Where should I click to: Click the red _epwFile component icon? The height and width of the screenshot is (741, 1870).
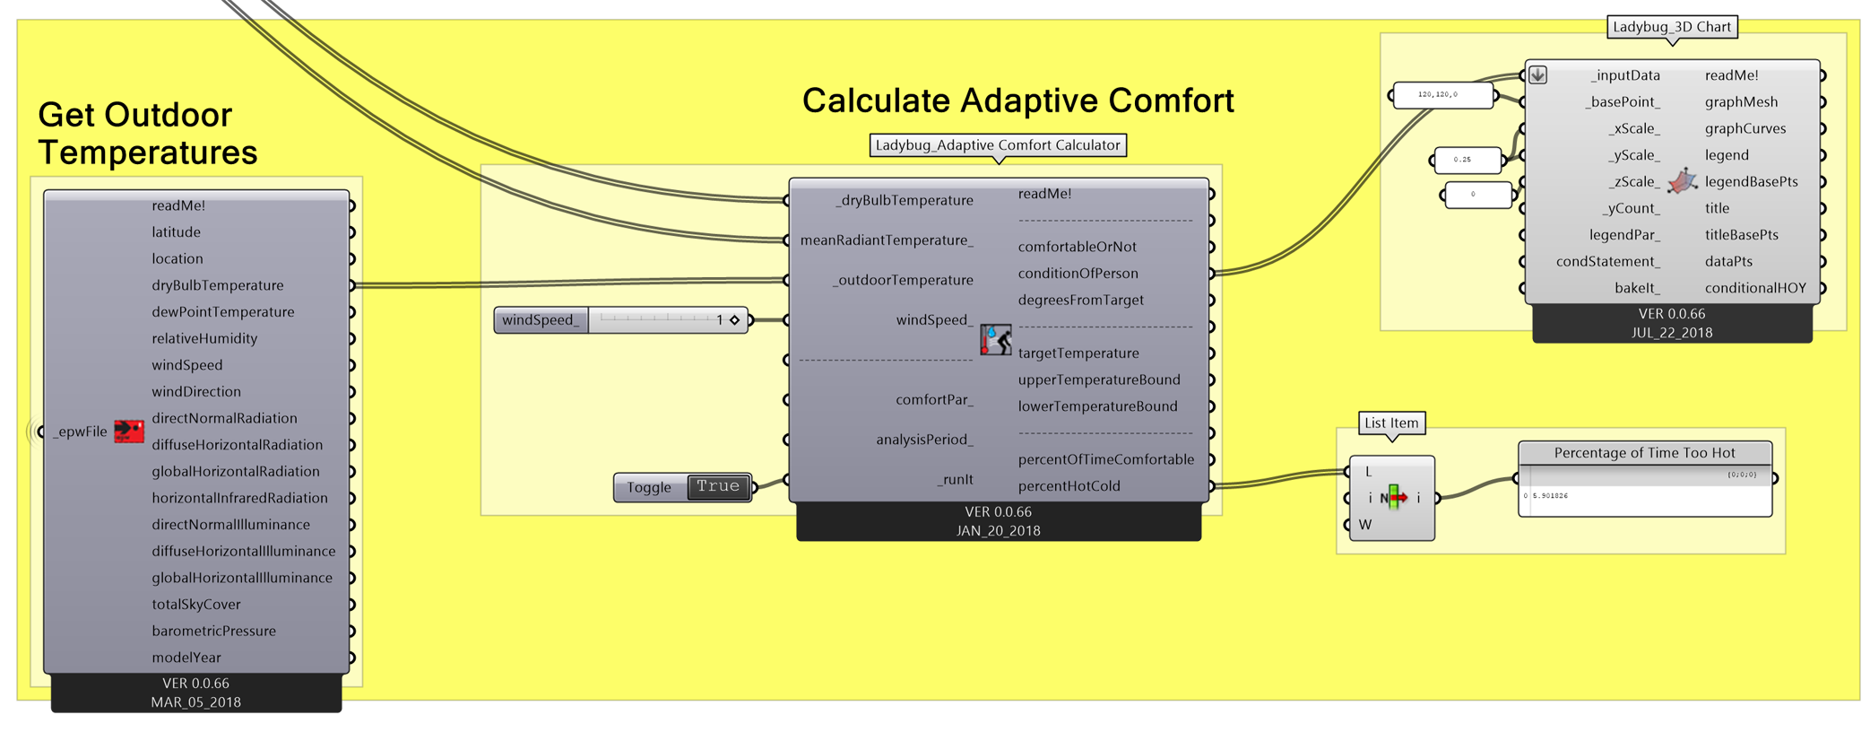(128, 432)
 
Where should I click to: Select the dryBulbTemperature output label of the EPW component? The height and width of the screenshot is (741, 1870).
(217, 285)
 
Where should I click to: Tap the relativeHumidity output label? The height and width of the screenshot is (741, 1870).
(204, 338)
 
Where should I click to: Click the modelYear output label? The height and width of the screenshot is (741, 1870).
(186, 658)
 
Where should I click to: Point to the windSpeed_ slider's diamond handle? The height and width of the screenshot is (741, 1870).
(734, 320)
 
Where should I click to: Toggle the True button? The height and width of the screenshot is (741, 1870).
(718, 486)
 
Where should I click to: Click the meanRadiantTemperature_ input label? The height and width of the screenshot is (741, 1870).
(886, 240)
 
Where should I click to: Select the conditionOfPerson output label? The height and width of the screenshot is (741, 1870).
(1078, 274)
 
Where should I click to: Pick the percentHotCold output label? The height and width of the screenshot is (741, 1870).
(1069, 486)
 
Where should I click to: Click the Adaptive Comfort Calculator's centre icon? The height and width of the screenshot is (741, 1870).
(995, 340)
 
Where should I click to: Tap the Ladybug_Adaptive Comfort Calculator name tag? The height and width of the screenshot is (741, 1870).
(998, 145)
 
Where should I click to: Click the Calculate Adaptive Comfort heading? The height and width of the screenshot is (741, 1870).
(1017, 100)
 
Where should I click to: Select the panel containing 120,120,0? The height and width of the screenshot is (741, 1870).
(1442, 94)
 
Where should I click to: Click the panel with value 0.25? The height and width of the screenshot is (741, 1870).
(1467, 160)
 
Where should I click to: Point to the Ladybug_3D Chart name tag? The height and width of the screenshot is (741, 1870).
(1671, 27)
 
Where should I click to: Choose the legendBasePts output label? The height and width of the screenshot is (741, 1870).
(1751, 182)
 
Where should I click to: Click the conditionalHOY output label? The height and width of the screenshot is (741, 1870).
(1754, 288)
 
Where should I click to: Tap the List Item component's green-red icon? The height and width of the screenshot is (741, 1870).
(1393, 498)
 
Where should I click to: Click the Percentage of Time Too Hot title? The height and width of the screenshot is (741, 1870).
(1644, 453)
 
